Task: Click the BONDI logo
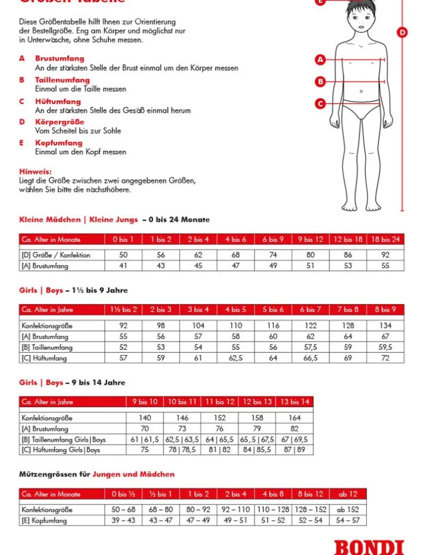click(x=369, y=547)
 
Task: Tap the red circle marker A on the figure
click(x=321, y=59)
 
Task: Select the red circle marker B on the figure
click(x=321, y=81)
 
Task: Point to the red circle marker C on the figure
click(x=321, y=103)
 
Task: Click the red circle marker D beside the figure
click(x=402, y=32)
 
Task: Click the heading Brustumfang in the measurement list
click(x=60, y=58)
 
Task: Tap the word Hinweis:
click(x=35, y=172)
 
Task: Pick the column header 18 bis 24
click(x=385, y=240)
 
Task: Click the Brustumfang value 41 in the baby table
click(x=124, y=266)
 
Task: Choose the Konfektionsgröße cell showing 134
click(x=385, y=326)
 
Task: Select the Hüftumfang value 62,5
click(x=235, y=358)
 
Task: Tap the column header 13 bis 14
click(x=295, y=402)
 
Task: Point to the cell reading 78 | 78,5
click(x=182, y=450)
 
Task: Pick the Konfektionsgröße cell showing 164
click(x=295, y=418)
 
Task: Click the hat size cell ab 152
click(x=348, y=510)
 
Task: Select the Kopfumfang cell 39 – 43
click(x=123, y=520)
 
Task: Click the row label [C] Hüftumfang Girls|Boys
click(x=61, y=450)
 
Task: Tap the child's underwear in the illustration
click(x=361, y=109)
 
